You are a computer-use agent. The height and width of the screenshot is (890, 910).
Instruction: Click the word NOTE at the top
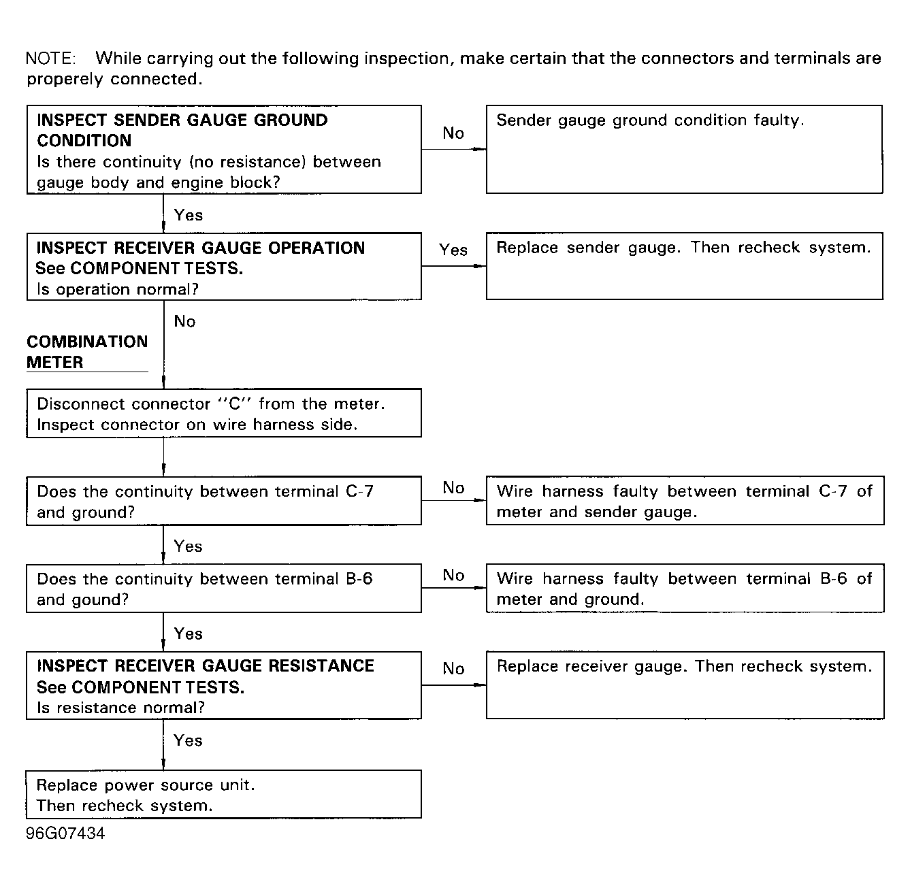pos(50,59)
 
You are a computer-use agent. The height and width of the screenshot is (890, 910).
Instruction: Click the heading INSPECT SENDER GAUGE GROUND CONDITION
pos(182,130)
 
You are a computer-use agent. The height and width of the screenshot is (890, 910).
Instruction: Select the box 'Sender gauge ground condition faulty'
pos(684,150)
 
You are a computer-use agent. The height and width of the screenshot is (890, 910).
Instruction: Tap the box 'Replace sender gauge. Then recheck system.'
pos(684,266)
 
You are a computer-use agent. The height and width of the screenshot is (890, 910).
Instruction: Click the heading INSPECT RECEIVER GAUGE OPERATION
pos(200,248)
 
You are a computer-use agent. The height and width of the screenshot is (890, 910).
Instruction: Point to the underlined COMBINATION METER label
pos(86,352)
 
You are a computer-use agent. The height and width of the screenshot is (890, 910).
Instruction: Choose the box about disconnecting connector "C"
pos(223,413)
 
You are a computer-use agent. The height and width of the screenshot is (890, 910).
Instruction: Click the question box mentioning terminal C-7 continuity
pos(223,501)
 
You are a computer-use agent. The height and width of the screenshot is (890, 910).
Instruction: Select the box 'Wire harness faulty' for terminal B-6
pos(684,588)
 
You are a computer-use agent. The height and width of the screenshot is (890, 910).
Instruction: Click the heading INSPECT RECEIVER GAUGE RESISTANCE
pos(205,665)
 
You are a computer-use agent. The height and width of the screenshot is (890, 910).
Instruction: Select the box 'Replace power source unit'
pos(223,794)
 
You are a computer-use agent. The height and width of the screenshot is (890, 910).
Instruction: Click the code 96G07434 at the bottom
pos(65,834)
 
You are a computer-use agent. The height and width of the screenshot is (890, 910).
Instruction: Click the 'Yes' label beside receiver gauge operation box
pos(453,250)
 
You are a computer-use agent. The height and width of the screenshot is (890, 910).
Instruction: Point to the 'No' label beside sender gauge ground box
pos(453,133)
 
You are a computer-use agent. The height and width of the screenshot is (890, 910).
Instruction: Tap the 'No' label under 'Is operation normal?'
pos(184,321)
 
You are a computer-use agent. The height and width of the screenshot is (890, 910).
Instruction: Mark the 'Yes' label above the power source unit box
pos(188,740)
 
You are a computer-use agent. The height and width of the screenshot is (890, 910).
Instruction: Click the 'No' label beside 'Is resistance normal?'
pos(453,669)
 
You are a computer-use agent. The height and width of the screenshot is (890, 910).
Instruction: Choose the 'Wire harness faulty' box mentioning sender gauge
pos(684,501)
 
